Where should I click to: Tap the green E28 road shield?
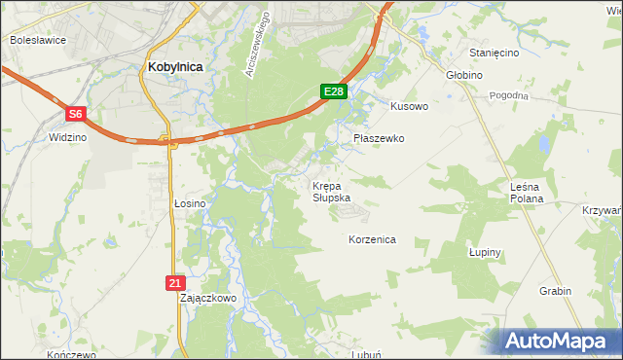tap(334, 91)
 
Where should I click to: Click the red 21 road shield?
tap(173, 282)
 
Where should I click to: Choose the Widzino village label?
tap(67, 138)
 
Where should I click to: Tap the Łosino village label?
tap(190, 203)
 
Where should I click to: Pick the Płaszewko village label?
tap(378, 138)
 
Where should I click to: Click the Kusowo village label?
tap(409, 106)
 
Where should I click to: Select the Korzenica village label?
tap(372, 238)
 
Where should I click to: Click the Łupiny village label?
tap(484, 252)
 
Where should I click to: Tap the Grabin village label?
tap(555, 290)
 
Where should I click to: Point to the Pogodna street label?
tap(509, 95)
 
